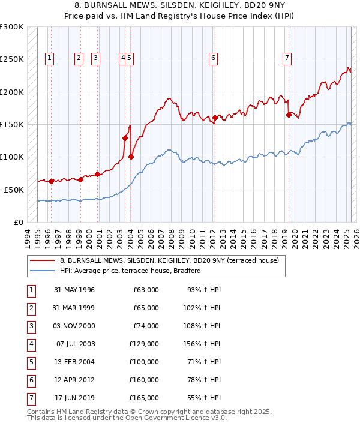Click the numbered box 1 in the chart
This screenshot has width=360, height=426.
(49, 58)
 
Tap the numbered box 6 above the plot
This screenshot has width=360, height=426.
(213, 58)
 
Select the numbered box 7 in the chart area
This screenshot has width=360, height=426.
(287, 58)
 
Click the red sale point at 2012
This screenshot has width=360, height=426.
(215, 118)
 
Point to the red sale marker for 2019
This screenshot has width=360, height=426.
(289, 115)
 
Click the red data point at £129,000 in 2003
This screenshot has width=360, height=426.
(125, 138)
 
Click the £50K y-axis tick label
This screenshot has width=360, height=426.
(14, 190)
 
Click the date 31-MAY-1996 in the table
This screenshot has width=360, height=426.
(74, 290)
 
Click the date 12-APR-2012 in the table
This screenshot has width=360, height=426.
(74, 380)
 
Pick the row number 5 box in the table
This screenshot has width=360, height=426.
(31, 362)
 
